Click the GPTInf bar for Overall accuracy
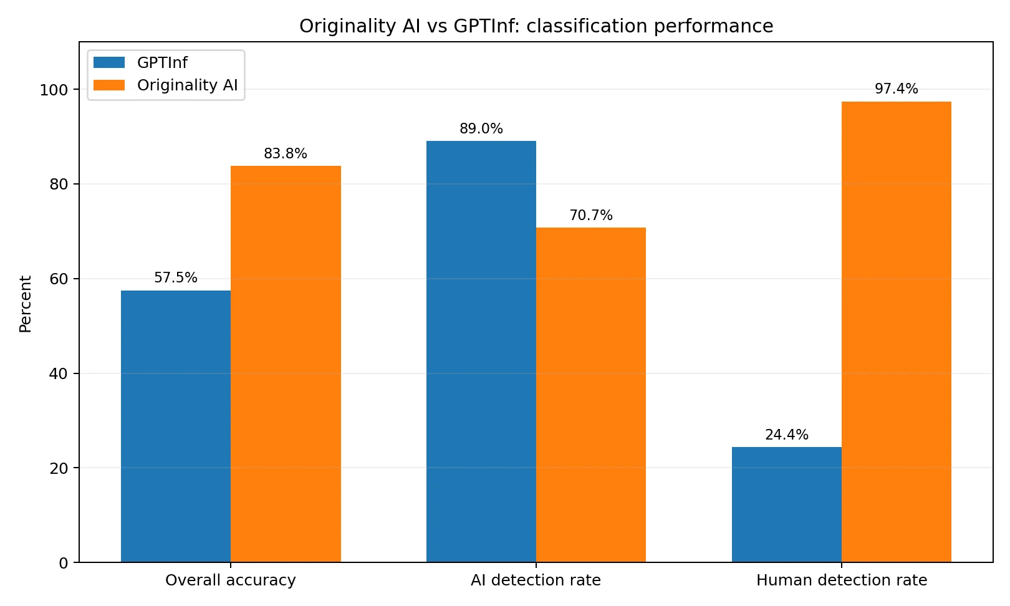176,426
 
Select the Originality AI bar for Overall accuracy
286,364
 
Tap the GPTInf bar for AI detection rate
481,352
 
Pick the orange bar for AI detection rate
591,395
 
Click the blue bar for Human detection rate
787,504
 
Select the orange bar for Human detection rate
897,332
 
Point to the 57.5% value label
176,278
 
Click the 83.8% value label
286,154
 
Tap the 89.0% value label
481,129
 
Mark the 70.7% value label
591,216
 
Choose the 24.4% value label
787,435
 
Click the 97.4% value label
897,89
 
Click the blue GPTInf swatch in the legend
109,62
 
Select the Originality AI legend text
188,85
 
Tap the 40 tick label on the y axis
59,374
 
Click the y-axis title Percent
25,304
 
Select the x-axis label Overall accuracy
231,580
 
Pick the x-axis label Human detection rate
842,580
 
